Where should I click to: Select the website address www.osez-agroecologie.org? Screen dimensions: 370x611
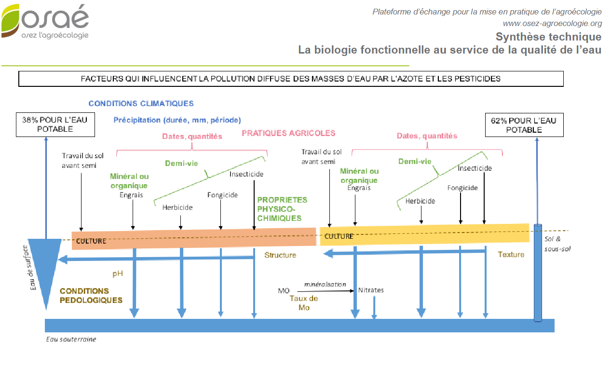coord(552,23)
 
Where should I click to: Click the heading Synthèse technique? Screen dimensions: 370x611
coord(548,37)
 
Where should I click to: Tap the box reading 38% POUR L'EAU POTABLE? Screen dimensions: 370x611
coord(55,124)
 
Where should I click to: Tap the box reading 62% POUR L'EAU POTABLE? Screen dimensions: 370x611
coord(524,125)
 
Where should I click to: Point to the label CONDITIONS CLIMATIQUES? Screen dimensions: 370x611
coord(141,103)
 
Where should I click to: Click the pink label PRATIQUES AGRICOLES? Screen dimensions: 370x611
coord(288,133)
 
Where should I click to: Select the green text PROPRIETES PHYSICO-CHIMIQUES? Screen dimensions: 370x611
coord(282,209)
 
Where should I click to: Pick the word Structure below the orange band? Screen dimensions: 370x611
coord(280,255)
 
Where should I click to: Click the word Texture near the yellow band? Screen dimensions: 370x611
coord(511,254)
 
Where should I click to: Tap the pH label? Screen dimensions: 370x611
coord(118,273)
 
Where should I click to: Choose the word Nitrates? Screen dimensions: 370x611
coord(371,290)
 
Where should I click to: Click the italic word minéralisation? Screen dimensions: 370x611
coord(325,284)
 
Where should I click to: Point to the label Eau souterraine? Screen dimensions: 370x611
coord(71,339)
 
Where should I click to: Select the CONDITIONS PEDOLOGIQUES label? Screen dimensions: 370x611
coord(91,296)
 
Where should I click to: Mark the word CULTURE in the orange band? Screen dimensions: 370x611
coord(91,241)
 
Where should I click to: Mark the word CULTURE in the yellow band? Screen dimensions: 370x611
coord(339,236)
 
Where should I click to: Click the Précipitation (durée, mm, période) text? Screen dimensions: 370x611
coord(177,120)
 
